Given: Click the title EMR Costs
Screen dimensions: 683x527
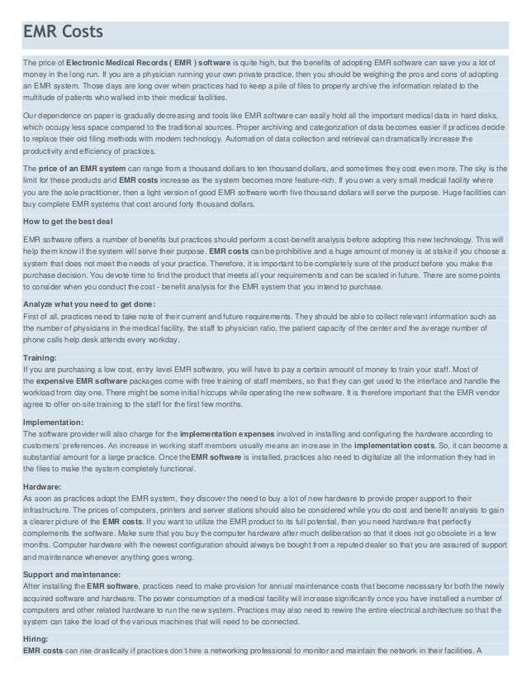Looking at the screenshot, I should (x=63, y=32).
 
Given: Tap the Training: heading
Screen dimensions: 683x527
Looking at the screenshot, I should (x=40, y=356).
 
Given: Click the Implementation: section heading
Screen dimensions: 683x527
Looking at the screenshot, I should (x=54, y=422).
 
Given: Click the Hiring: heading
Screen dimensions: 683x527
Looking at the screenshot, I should (x=36, y=638).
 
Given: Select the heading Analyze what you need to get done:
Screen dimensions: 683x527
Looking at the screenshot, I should (x=89, y=303).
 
